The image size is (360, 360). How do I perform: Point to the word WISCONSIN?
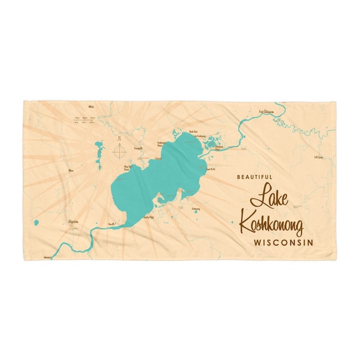[x=277, y=244]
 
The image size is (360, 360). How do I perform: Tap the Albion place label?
[x=74, y=170]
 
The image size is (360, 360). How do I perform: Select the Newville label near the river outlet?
[x=110, y=223]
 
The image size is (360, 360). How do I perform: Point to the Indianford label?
[x=48, y=256]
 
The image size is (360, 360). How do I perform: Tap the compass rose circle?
[x=119, y=151]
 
